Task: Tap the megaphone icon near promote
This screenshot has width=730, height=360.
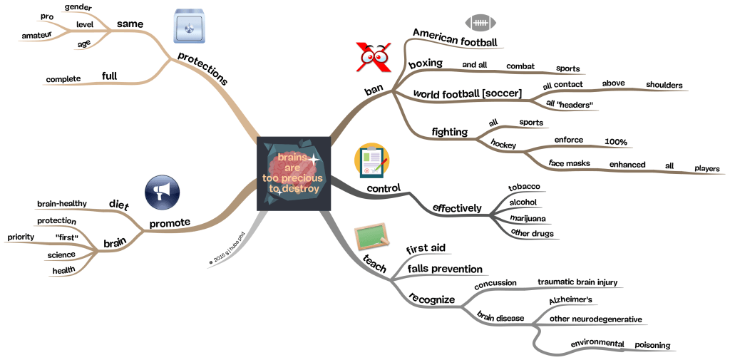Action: (x=162, y=192)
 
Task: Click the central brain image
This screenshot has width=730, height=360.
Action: (x=294, y=173)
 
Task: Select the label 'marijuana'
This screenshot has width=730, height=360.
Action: (x=528, y=218)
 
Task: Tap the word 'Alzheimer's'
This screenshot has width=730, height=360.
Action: (x=568, y=302)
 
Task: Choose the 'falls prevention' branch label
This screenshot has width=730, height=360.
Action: (x=445, y=269)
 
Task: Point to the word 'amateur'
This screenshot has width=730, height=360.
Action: (x=36, y=34)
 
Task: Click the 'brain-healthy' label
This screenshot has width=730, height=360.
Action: (x=62, y=204)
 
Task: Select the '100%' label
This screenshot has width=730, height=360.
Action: (x=615, y=142)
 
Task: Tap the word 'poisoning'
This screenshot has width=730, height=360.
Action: (x=652, y=345)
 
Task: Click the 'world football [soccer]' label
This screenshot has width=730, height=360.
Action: (x=468, y=93)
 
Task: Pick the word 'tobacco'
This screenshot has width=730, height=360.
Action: (x=524, y=187)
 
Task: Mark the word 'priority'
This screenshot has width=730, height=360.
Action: (x=21, y=237)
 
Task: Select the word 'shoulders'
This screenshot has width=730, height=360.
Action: (x=664, y=84)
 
